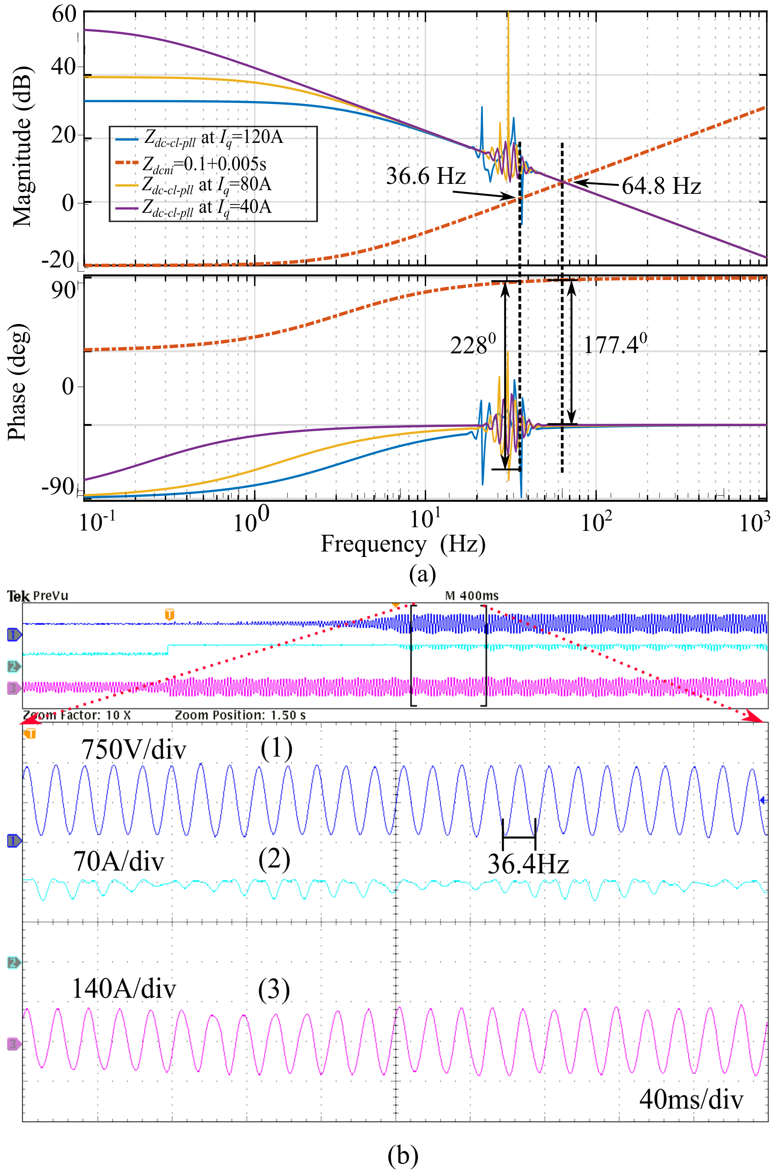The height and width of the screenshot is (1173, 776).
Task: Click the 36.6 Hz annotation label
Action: (425, 176)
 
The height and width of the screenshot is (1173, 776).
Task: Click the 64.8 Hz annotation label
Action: (661, 186)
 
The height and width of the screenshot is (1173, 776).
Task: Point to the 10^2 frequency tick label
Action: (596, 521)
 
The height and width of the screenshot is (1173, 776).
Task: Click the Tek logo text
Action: (19, 596)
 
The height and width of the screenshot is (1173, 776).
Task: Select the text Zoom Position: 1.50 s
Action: (240, 715)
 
